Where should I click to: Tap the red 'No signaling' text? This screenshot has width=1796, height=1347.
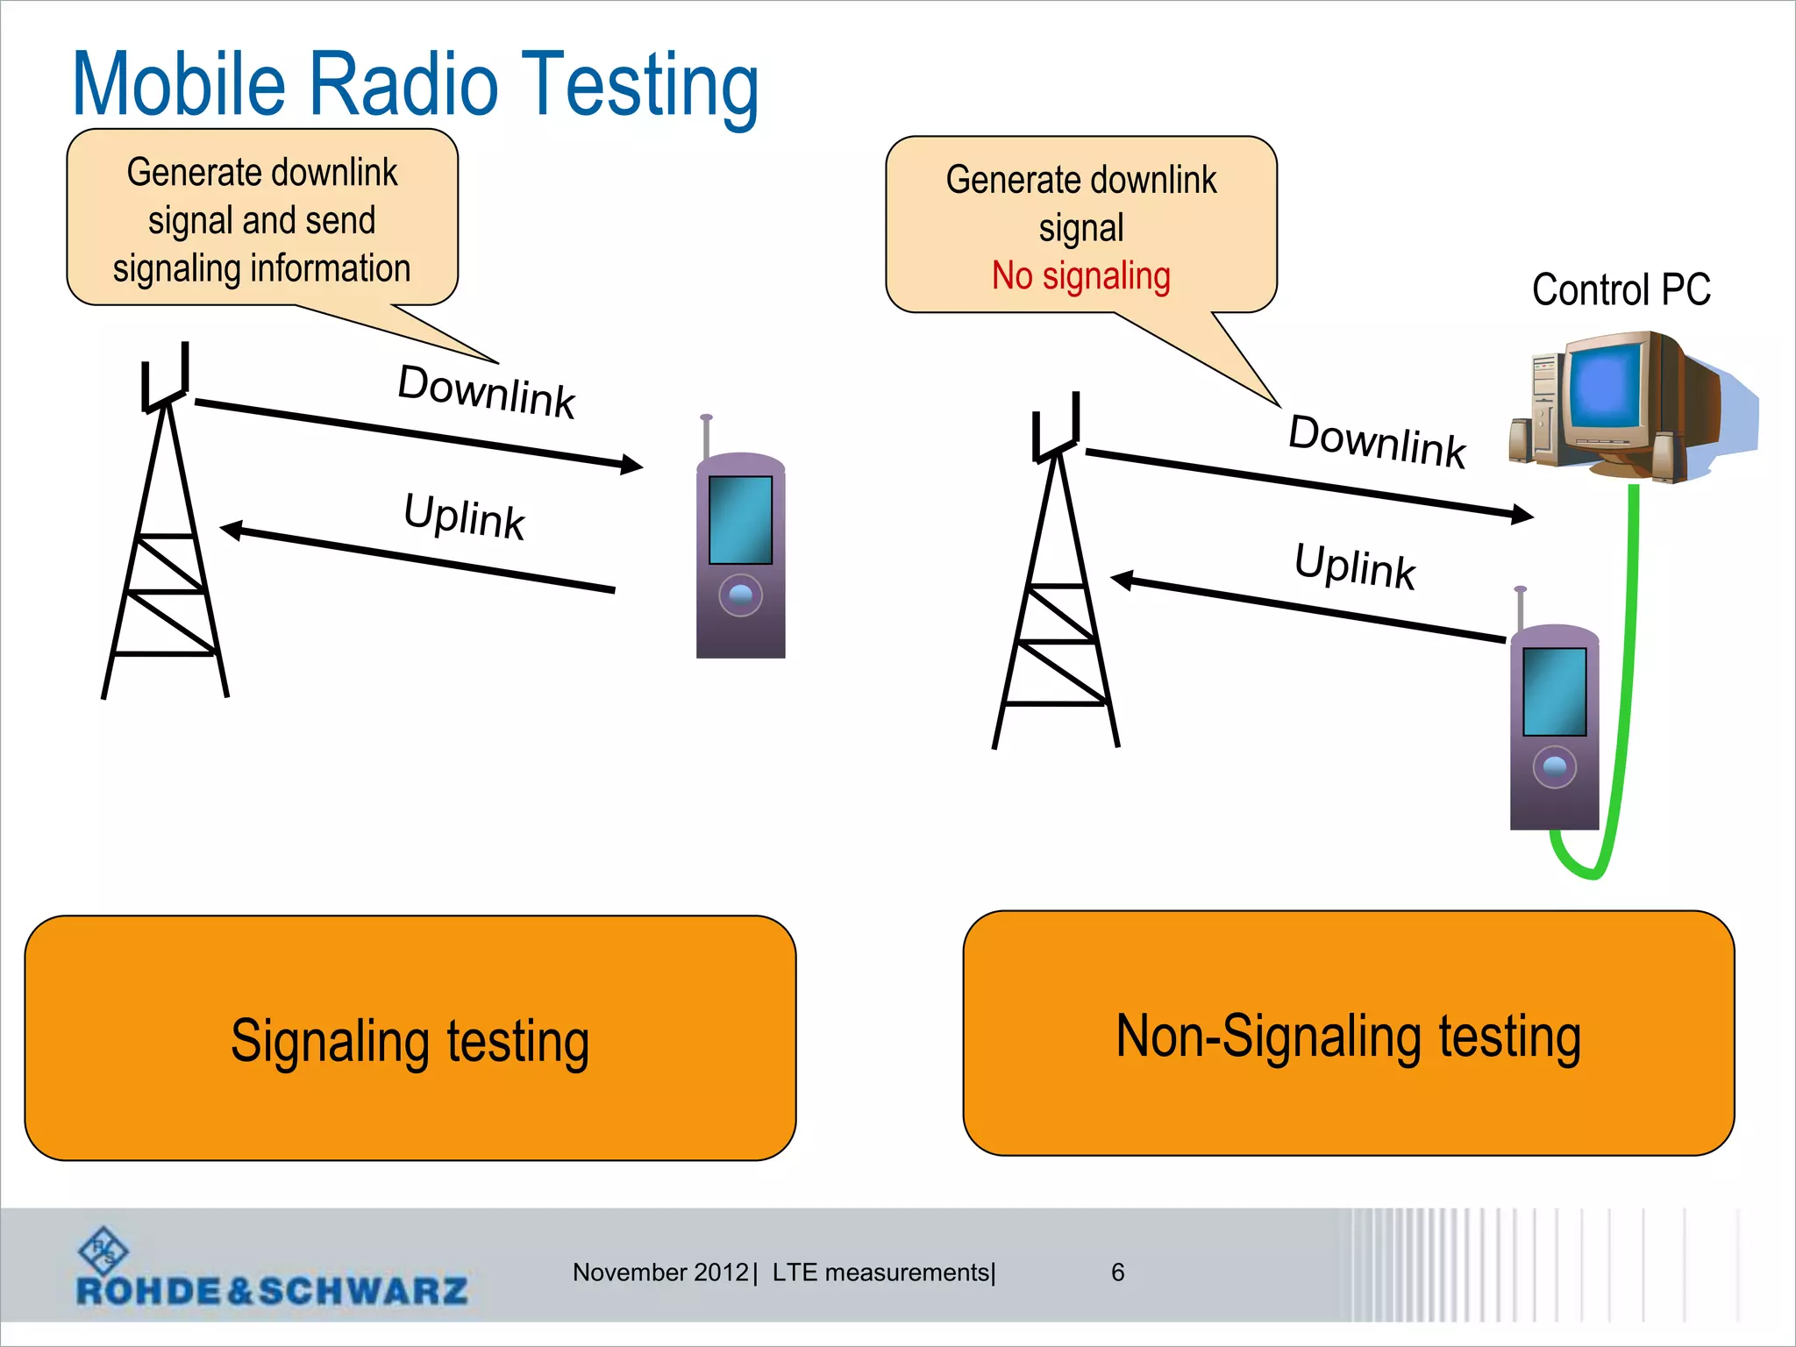click(x=1080, y=276)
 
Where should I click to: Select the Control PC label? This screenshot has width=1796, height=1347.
click(x=1621, y=290)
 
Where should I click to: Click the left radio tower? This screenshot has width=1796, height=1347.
click(x=166, y=544)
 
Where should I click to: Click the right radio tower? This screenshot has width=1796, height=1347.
click(x=1057, y=596)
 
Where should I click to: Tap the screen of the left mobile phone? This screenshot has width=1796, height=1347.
click(x=740, y=520)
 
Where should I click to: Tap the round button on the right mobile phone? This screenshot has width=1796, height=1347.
click(x=1554, y=767)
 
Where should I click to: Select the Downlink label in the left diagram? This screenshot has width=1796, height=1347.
click(x=487, y=391)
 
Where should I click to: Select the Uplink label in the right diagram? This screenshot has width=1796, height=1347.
click(x=1355, y=567)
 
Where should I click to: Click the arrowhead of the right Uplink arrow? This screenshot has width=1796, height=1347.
click(x=1122, y=580)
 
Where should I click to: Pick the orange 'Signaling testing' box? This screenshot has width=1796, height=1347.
click(x=410, y=1038)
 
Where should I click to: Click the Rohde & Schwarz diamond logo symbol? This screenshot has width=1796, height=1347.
click(x=103, y=1251)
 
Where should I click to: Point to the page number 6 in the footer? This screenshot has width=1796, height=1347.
click(x=1117, y=1272)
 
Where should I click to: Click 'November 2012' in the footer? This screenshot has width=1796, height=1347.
click(x=659, y=1272)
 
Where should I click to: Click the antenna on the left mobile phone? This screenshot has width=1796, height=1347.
click(x=706, y=436)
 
